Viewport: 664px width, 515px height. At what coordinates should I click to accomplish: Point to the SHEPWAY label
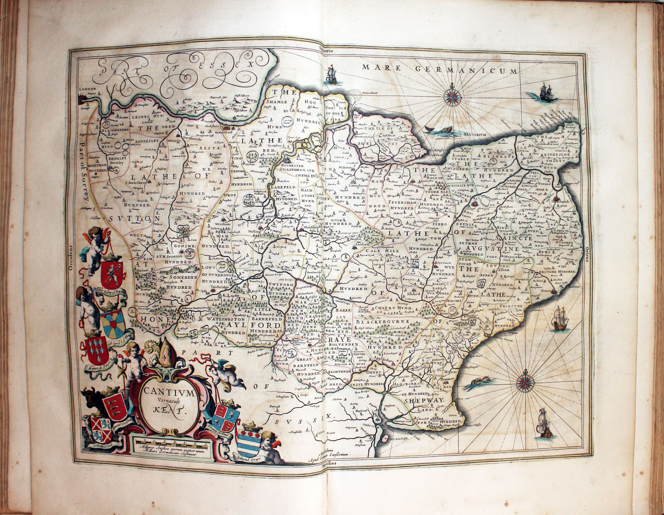pyautogui.click(x=424, y=401)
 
